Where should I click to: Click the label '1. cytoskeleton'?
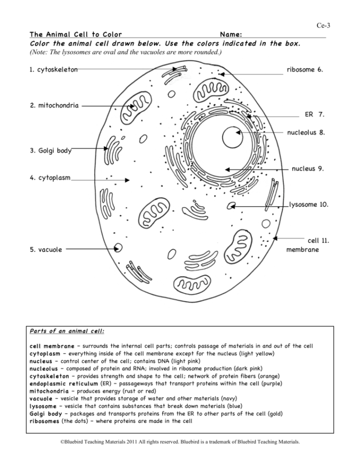pos(53,70)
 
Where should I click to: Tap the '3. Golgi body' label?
pos(50,151)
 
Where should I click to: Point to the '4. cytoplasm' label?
pos(50,178)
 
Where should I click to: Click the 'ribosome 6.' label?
pos(305,70)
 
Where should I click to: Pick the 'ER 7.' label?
pos(314,114)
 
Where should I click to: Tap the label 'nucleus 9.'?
pos(308,169)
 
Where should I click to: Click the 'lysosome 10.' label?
pos(309,205)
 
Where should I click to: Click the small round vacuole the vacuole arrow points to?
pos(118,248)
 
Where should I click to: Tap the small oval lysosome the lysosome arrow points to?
pos(231,206)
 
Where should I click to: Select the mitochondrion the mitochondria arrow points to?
pos(132,110)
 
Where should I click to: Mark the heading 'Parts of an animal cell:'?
pos(67,331)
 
